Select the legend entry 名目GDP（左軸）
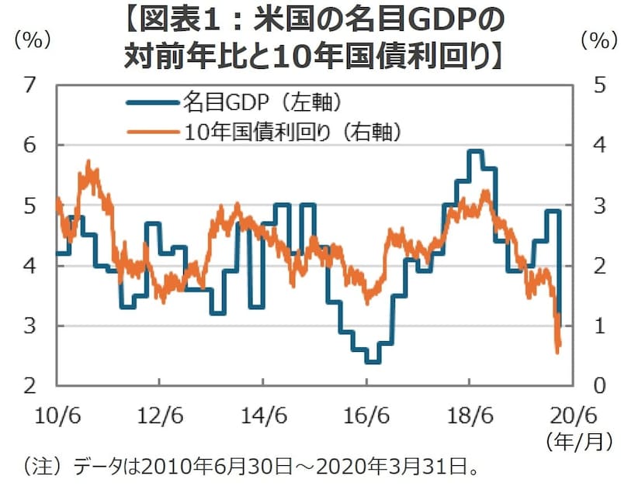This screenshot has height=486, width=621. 265,102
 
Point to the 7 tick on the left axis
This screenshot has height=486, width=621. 32,84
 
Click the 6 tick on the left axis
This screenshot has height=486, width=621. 32,145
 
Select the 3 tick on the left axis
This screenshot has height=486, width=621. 32,326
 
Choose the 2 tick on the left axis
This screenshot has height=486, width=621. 32,385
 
